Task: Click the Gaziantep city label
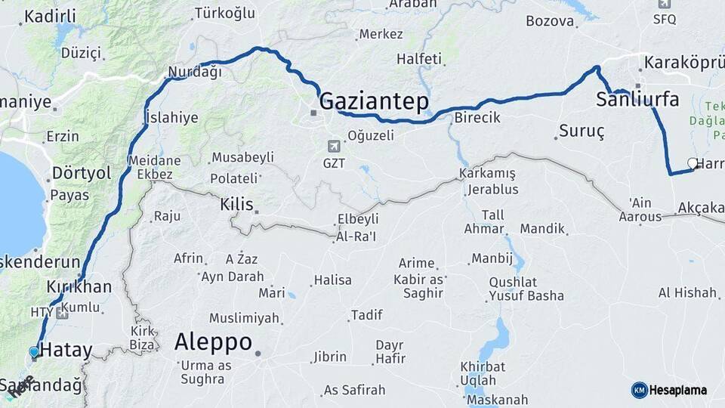[x=374, y=102]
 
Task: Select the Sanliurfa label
[x=637, y=99]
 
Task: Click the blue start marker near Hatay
[x=33, y=352]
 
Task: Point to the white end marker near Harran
[x=693, y=162]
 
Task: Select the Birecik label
[x=477, y=118]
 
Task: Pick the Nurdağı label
[x=195, y=73]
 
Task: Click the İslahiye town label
[x=171, y=117]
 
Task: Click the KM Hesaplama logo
[x=669, y=390]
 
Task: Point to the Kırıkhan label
[x=79, y=287]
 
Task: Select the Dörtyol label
[x=81, y=173]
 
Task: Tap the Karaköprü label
[x=683, y=63]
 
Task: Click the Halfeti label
[x=419, y=58]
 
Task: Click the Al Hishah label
[x=686, y=292]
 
